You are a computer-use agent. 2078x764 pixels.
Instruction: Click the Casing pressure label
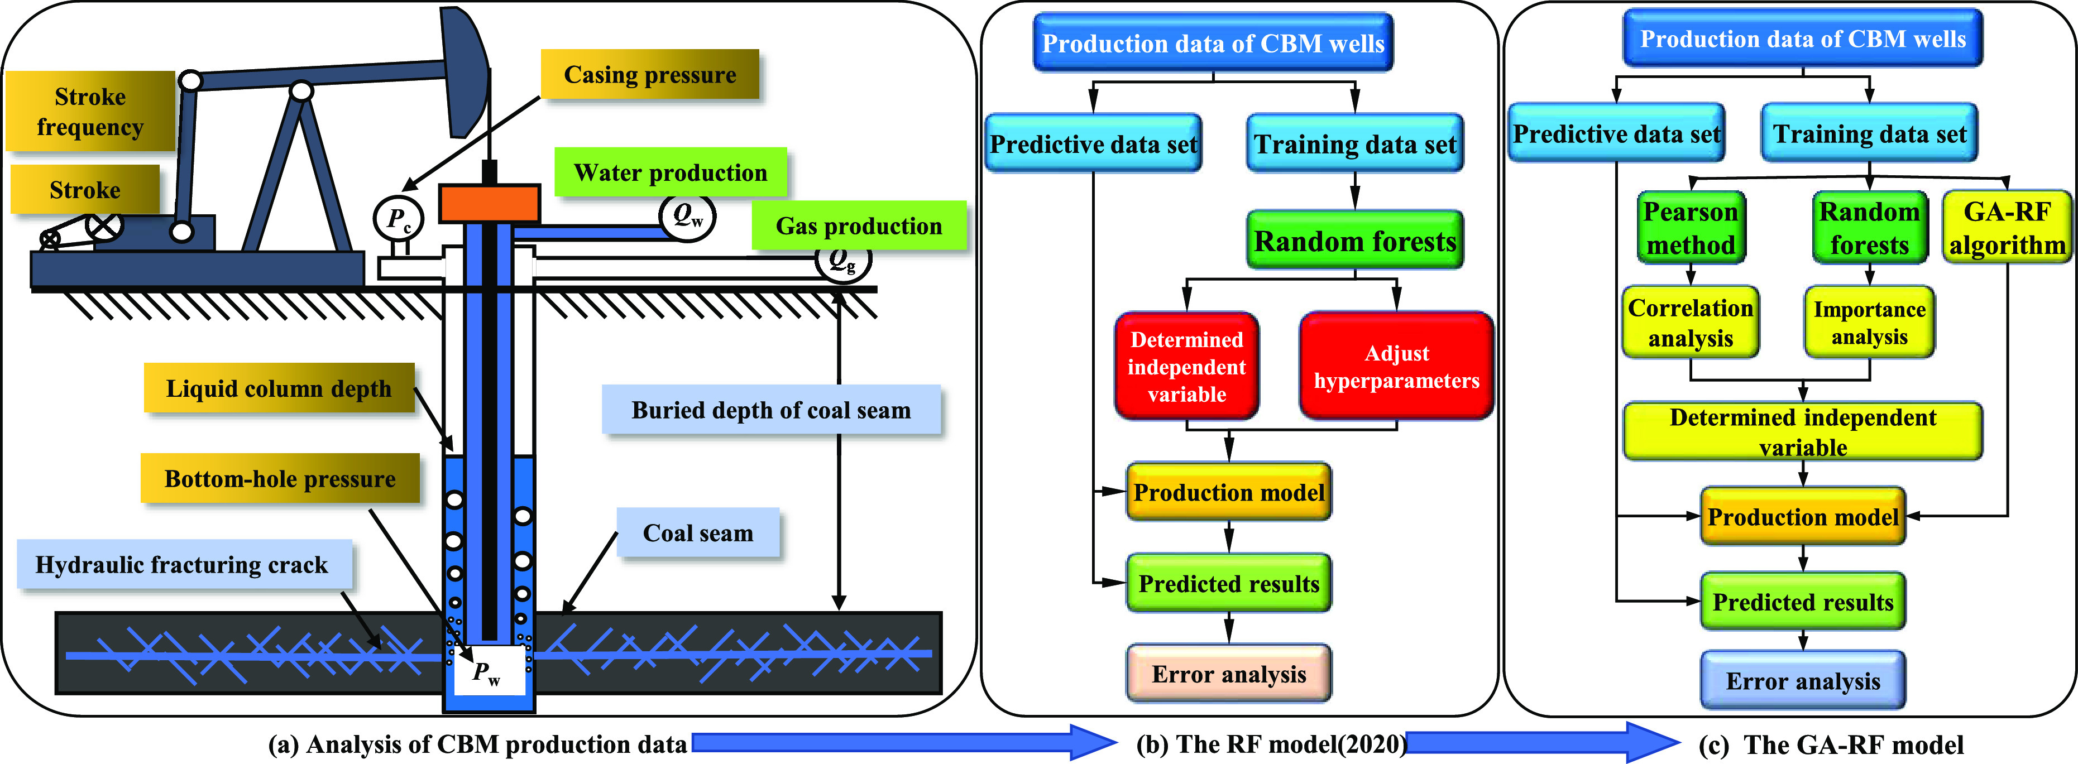649,74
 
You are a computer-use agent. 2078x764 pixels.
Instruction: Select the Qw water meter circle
687,215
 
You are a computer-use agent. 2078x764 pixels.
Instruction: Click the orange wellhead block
490,203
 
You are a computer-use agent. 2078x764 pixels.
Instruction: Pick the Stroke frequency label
90,111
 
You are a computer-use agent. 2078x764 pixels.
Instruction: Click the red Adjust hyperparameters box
1396,366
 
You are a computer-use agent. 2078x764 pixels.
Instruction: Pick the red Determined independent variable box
1186,366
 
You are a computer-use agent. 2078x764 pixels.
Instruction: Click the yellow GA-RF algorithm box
2006,228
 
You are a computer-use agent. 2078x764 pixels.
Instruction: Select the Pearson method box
1691,228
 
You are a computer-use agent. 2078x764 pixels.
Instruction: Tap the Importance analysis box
1869,322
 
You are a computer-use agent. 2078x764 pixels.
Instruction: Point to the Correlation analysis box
1690,322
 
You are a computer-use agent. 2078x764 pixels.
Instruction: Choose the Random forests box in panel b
1354,241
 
